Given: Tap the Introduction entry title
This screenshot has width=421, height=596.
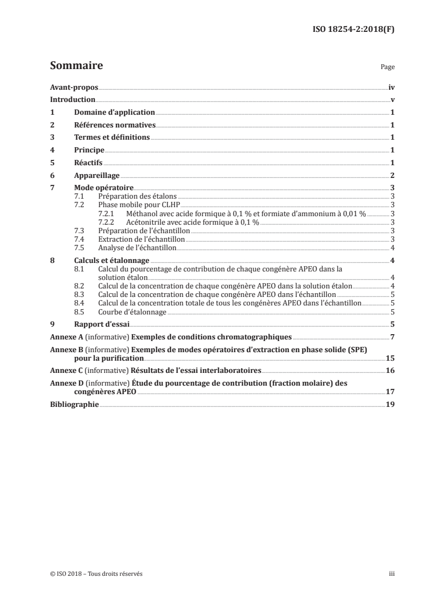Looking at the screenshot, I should pyautogui.click(x=72, y=100).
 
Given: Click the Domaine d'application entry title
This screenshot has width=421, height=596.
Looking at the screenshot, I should pyautogui.click(x=114, y=113).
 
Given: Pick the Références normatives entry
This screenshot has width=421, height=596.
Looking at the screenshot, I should pyautogui.click(x=115, y=125).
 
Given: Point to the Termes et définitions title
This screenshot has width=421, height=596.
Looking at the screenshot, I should pyautogui.click(x=112, y=138).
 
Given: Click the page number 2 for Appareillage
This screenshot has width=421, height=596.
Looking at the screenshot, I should pyautogui.click(x=392, y=176).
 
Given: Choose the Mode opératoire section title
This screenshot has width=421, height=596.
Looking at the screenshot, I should pyautogui.click(x=104, y=188).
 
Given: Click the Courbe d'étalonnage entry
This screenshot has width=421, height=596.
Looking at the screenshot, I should pyautogui.click(x=132, y=312).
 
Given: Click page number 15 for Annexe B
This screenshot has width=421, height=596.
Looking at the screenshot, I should pyautogui.click(x=390, y=358).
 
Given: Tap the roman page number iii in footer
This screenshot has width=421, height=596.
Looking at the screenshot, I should pyautogui.click(x=392, y=574).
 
